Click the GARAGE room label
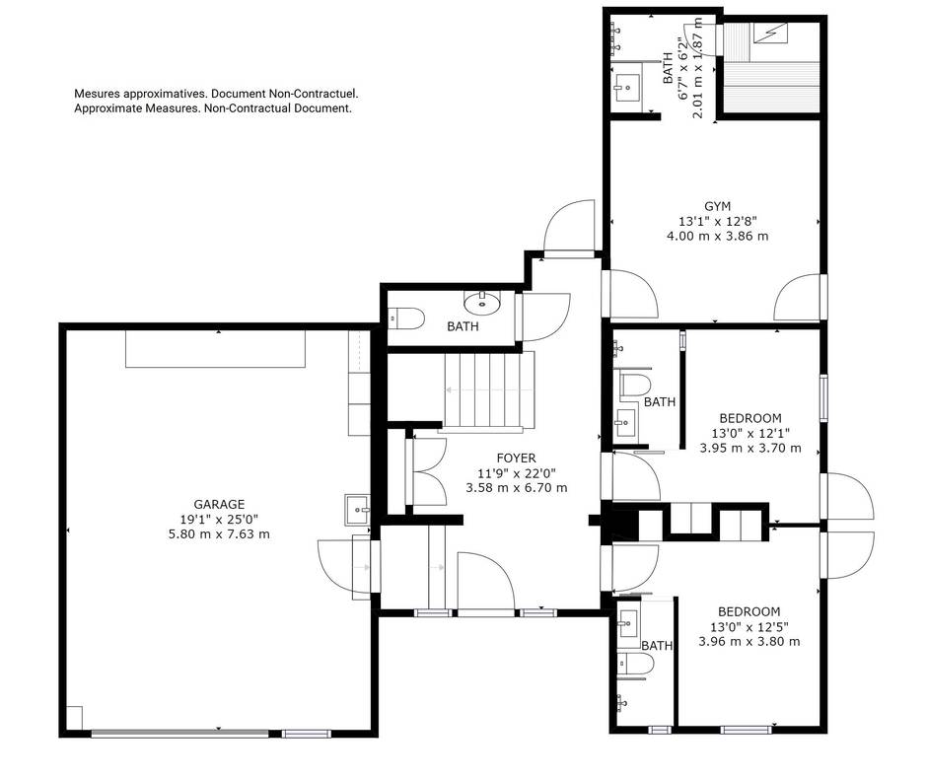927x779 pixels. pos(219,504)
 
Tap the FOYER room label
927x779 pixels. pos(516,459)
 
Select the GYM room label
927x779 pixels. pos(717,206)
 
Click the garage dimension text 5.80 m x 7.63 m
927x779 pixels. pos(219,534)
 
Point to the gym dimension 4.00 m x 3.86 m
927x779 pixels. pos(717,237)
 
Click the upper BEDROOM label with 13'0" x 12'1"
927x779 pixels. pos(750,418)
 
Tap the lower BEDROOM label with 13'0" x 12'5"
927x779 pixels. pos(749,611)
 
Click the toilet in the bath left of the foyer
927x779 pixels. pos(406,319)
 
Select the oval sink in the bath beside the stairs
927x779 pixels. pos(482,303)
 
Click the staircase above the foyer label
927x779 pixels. pos(489,390)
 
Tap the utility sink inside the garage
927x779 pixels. pos(357,510)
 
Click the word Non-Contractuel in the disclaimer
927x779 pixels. pos(314,94)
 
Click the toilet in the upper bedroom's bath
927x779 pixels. pos(634,385)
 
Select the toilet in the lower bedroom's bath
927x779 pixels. pos(635,665)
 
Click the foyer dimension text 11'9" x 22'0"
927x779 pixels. pos(516,473)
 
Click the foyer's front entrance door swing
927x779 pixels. pos(486,581)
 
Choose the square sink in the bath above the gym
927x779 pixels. pos(627,89)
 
